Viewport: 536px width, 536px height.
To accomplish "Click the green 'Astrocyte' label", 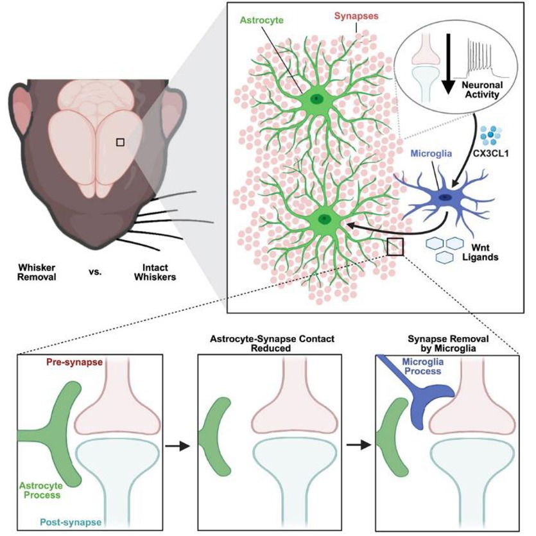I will pos(262,21).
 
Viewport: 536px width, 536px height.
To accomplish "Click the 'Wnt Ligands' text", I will pos(488,250).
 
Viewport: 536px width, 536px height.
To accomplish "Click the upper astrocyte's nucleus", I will pos(316,99).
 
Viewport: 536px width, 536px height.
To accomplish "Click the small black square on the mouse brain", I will pos(120,142).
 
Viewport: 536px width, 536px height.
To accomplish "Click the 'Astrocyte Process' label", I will pos(40,490).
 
